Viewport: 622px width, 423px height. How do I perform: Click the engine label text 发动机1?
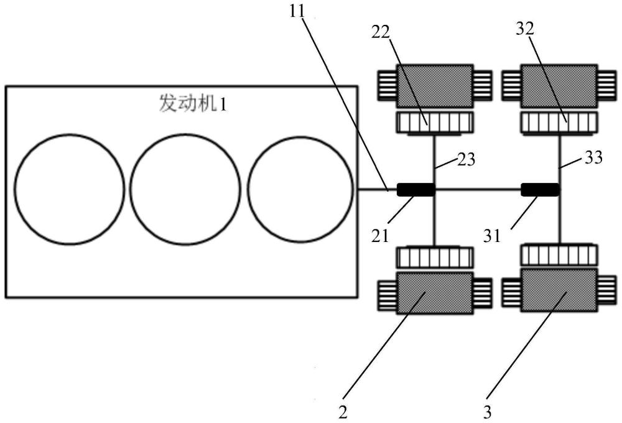pos(193,103)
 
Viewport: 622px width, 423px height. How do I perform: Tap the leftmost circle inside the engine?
pos(15,189)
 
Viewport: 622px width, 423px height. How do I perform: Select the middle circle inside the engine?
pos(130,189)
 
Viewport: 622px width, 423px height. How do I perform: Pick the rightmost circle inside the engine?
pos(248,189)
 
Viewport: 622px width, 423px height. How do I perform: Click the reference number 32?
pos(525,29)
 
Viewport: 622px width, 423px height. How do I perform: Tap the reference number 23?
pos(466,159)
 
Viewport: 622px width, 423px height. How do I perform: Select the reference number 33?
pos(593,157)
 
